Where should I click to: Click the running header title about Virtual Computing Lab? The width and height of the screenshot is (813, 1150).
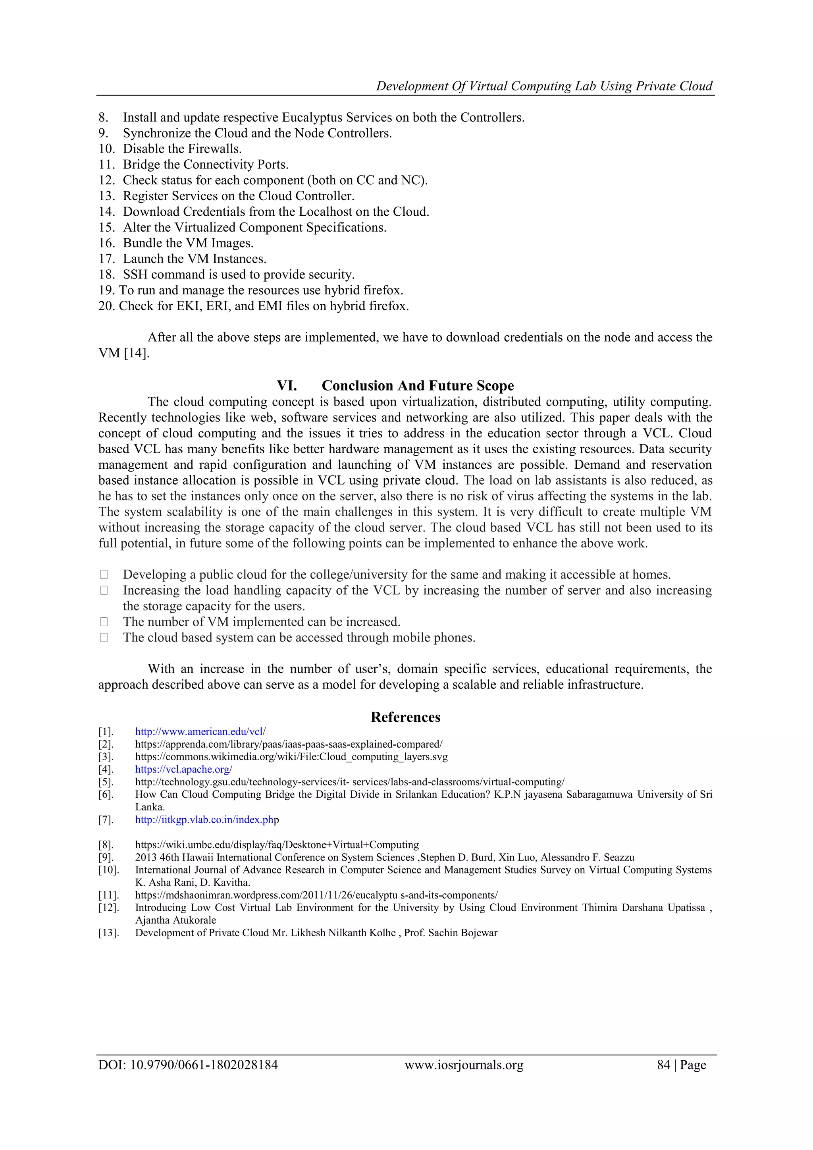(x=544, y=86)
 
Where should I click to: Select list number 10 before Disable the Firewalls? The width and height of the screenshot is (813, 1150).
(x=107, y=149)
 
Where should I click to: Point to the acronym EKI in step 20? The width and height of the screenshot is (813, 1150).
(x=188, y=306)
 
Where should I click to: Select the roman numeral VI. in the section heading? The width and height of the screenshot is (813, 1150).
(x=287, y=386)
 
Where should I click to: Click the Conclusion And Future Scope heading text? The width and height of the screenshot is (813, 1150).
(x=418, y=386)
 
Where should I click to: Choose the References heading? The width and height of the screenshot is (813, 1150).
(x=405, y=717)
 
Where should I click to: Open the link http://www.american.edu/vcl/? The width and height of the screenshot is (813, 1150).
(x=200, y=732)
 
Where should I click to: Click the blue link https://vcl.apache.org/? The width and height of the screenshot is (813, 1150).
(x=184, y=769)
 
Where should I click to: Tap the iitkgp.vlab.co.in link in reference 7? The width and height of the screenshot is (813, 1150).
(x=206, y=820)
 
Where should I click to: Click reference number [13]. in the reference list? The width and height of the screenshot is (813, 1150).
(x=109, y=933)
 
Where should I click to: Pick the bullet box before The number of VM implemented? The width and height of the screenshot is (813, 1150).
(x=104, y=622)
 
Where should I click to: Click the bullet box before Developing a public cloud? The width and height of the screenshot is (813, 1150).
(x=104, y=575)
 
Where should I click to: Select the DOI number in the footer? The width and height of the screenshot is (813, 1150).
(x=203, y=1065)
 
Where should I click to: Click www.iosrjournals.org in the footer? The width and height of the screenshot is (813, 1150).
(x=464, y=1065)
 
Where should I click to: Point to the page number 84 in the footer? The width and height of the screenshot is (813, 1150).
(x=663, y=1065)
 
